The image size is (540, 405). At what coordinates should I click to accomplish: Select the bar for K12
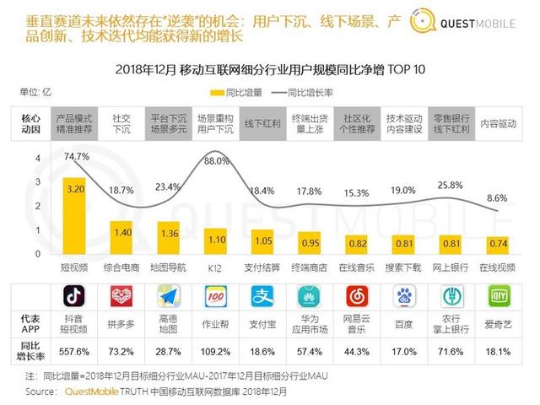coord(217,238)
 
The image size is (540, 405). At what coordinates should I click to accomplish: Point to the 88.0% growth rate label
coord(217,160)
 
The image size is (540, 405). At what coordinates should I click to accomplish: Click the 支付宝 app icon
coord(262,297)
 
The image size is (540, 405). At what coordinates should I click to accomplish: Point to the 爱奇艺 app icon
coord(499,297)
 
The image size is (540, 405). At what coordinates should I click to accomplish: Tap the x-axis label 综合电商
coord(123,266)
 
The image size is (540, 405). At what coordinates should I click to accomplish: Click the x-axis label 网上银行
coord(451,266)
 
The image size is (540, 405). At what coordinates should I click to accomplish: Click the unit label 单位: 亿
coord(35,91)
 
